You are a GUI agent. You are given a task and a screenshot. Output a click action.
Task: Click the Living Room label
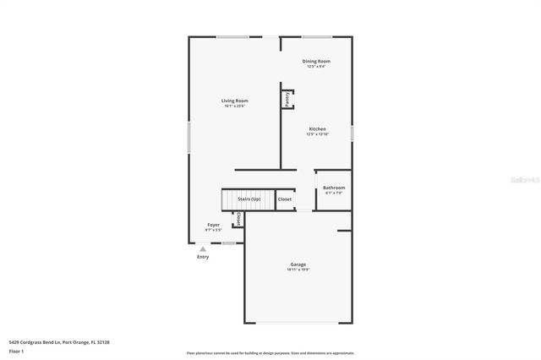click(x=235, y=101)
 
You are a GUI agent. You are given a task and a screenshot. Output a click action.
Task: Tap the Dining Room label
click(x=316, y=61)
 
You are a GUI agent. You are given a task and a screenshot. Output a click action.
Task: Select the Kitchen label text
click(x=316, y=129)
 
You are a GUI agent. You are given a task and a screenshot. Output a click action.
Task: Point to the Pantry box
click(x=287, y=99)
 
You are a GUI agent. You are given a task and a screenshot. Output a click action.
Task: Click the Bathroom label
click(x=334, y=188)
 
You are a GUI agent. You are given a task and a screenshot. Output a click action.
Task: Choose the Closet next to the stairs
click(x=285, y=199)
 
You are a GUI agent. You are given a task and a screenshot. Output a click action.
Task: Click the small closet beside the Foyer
click(x=238, y=219)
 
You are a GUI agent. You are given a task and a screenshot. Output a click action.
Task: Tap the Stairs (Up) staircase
click(x=247, y=199)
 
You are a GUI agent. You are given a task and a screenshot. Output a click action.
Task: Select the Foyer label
click(x=213, y=225)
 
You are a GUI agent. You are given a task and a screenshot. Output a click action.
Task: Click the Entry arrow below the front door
click(x=202, y=249)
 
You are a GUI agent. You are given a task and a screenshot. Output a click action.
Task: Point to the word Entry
click(x=203, y=257)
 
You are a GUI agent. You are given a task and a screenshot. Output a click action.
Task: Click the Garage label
click(x=298, y=265)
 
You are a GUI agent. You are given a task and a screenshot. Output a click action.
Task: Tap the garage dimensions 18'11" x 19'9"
click(x=298, y=270)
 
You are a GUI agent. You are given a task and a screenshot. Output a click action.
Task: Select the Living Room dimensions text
click(x=235, y=106)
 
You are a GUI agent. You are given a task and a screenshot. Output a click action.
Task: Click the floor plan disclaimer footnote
click(x=270, y=352)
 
